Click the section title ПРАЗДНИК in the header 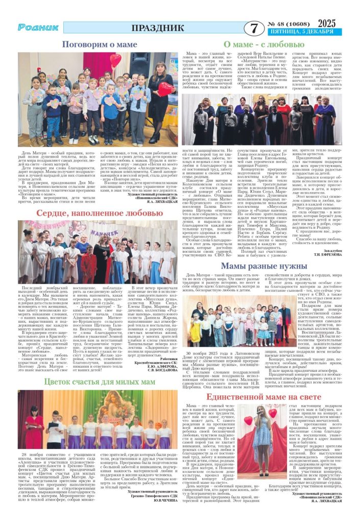click(x=157, y=28)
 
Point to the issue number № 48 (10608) click(x=290, y=24)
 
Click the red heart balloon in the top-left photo click(x=116, y=60)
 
